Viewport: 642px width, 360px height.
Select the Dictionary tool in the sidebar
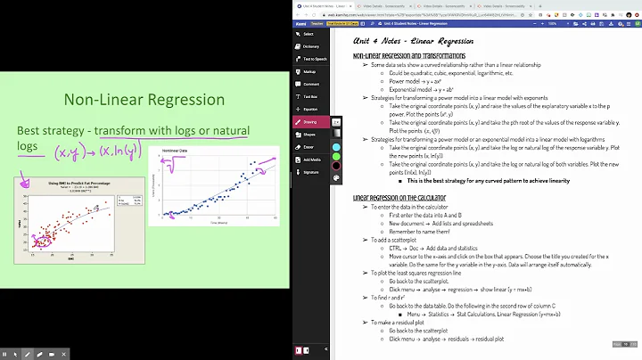(310, 45)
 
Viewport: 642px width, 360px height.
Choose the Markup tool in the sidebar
(310, 71)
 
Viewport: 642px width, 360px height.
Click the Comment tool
(310, 84)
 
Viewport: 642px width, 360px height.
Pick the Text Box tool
(310, 96)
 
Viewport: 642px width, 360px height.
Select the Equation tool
(310, 109)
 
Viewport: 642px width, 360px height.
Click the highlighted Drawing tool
(310, 121)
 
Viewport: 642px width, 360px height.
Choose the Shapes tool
(310, 135)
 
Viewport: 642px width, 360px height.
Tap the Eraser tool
(310, 146)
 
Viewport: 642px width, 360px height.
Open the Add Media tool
(310, 160)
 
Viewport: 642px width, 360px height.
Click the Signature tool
(310, 172)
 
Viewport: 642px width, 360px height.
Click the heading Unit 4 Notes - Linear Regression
(412, 41)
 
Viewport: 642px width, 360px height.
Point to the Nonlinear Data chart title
(176, 152)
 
